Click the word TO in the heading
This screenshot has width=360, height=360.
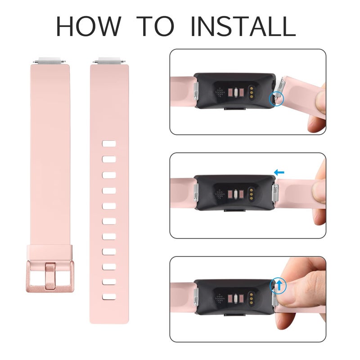pyautogui.click(x=156, y=27)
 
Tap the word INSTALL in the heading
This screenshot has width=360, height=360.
pyautogui.click(x=243, y=27)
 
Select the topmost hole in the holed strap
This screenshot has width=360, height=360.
pyautogui.click(x=109, y=144)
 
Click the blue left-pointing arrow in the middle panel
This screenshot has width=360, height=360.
pyautogui.click(x=279, y=172)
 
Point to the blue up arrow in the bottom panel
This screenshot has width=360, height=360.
pyautogui.click(x=279, y=285)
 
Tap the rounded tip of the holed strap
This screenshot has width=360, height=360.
pyautogui.click(x=109, y=318)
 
